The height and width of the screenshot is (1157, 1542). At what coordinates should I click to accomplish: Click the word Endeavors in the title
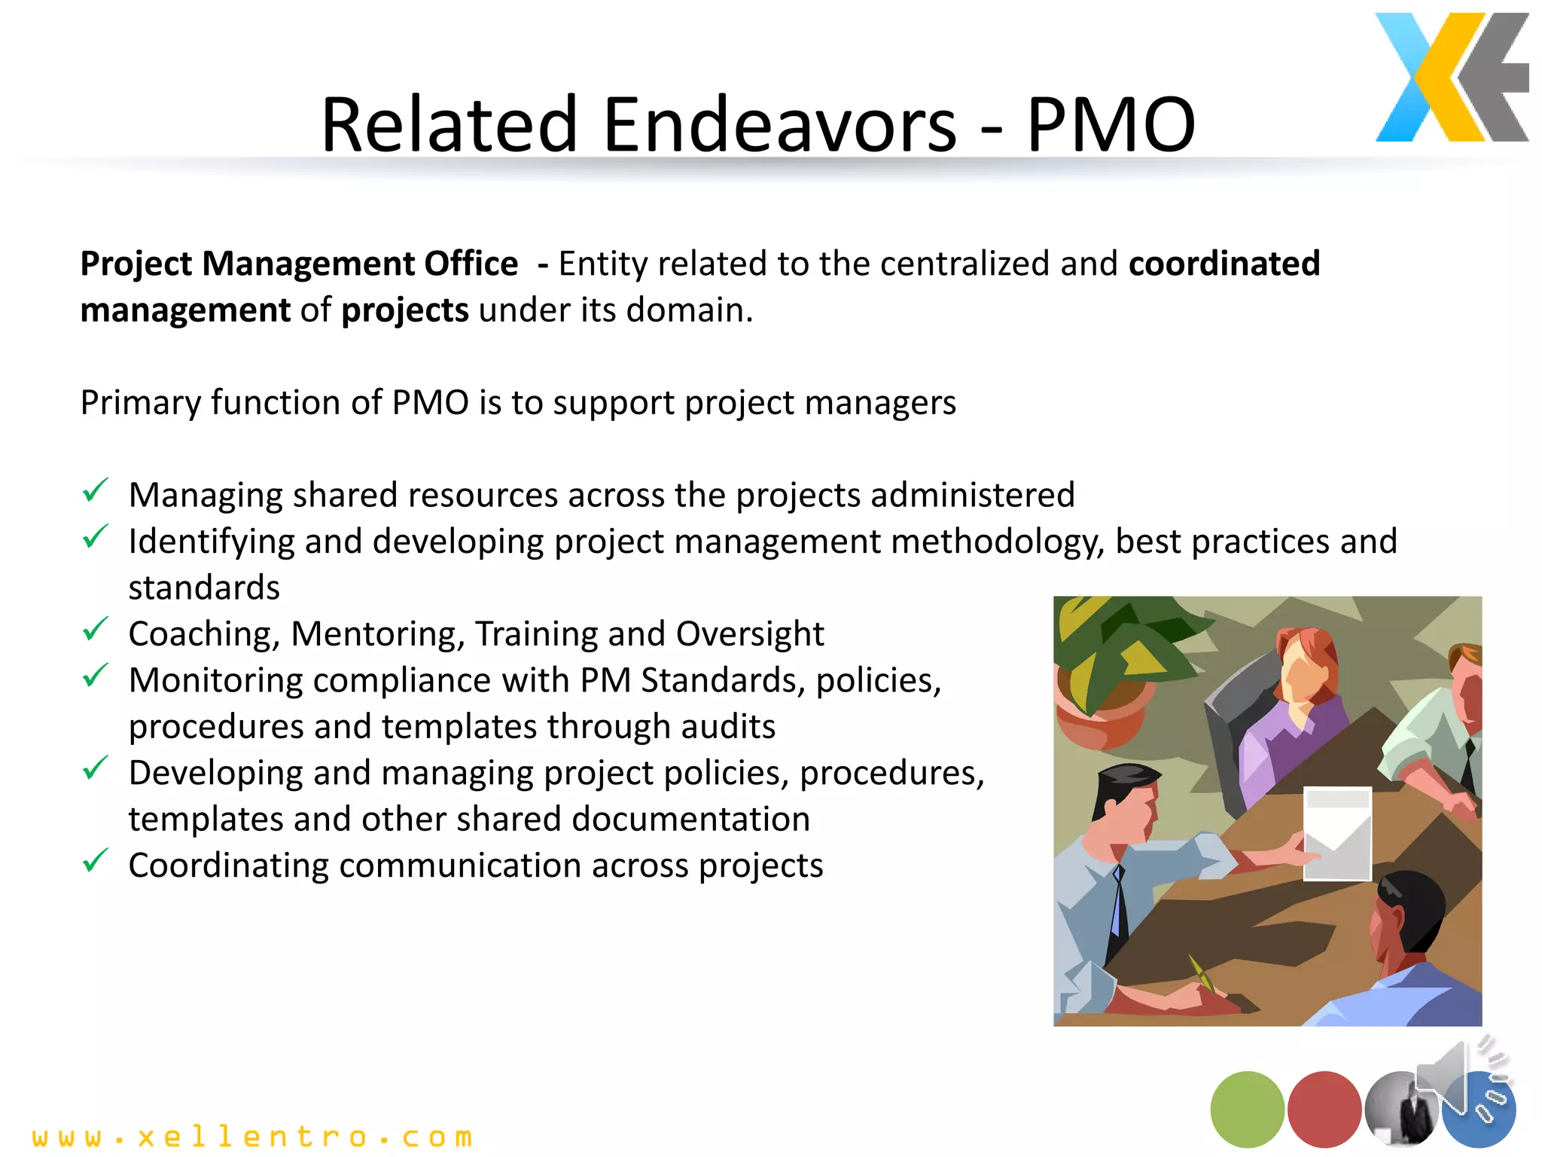click(x=779, y=124)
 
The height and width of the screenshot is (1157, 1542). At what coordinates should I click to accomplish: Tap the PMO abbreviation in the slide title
click(x=1111, y=124)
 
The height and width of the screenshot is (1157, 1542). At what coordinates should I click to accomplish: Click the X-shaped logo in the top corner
click(x=1451, y=78)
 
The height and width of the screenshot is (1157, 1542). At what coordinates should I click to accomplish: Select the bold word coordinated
click(x=1224, y=264)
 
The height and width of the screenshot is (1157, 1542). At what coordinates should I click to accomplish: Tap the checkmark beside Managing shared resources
click(x=96, y=491)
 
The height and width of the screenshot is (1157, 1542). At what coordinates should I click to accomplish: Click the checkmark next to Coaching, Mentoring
click(x=96, y=630)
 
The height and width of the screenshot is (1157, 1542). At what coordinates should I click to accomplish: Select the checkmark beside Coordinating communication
click(x=96, y=861)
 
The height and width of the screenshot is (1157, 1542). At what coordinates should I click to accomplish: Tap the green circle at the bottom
click(x=1247, y=1109)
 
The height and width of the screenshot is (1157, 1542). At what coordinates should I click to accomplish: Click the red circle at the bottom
click(x=1324, y=1109)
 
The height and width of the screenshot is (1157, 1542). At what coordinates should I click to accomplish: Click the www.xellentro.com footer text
click(x=253, y=1137)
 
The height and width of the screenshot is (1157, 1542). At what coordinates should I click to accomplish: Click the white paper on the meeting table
click(x=1336, y=833)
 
